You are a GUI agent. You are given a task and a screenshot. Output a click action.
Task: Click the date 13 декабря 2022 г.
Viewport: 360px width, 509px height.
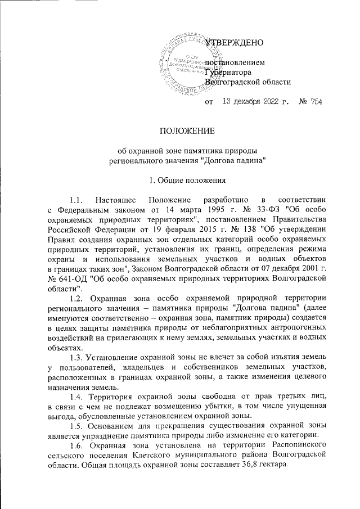tap(255, 102)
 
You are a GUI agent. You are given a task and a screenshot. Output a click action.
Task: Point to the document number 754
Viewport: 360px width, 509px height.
tap(316, 102)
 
